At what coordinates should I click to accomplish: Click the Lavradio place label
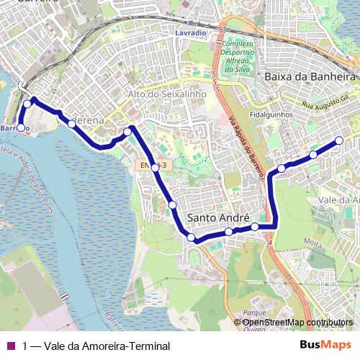pos(191,34)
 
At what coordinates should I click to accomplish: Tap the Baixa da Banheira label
pos(311,76)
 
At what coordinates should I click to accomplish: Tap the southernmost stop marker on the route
pos(191,238)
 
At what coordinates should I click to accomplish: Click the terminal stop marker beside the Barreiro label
pos(21,128)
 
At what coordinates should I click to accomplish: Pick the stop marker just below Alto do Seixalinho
pos(127,131)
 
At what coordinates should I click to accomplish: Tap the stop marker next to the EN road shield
pos(155,166)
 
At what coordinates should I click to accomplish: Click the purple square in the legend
pos(10,346)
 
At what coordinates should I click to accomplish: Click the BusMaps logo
pos(325,345)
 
